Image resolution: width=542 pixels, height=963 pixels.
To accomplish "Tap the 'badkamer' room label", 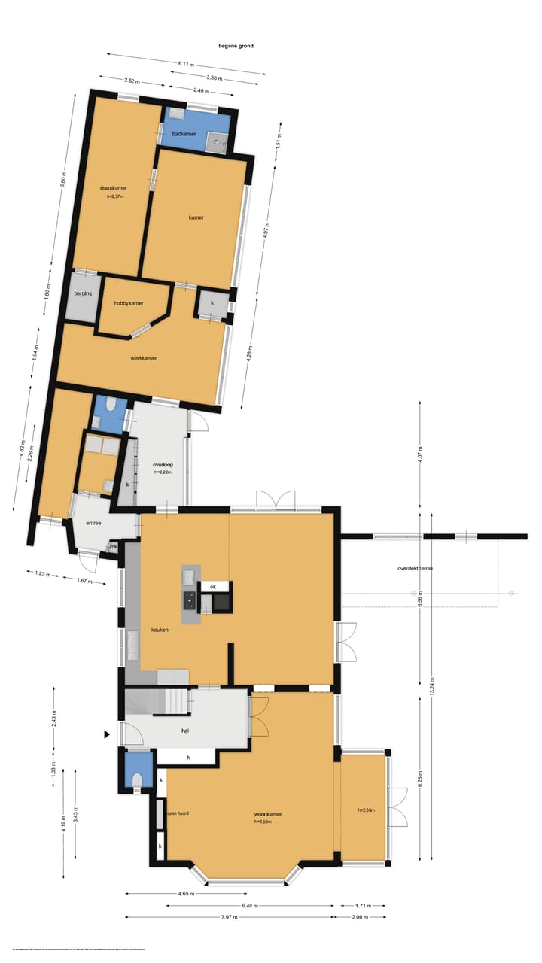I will [184, 134].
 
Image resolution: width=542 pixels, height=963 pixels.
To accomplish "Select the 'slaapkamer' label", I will [113, 187].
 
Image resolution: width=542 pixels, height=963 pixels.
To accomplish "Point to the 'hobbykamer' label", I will [129, 303].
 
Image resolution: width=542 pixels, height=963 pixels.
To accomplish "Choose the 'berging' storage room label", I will [83, 293].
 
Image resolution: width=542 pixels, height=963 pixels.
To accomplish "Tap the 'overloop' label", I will [163, 465].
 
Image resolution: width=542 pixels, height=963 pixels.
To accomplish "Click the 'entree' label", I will [93, 523].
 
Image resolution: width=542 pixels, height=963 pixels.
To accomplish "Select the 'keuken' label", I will [160, 630].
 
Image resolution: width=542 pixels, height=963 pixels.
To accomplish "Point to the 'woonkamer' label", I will [267, 814].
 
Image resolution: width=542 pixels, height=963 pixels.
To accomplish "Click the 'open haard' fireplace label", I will [178, 813].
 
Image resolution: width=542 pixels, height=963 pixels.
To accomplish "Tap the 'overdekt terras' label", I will [415, 568].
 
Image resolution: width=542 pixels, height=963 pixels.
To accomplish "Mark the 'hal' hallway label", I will [184, 730].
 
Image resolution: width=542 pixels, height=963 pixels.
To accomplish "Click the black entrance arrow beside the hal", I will [108, 734].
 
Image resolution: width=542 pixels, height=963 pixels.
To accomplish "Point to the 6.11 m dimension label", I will [186, 64].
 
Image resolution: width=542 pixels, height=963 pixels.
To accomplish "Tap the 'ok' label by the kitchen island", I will [213, 586].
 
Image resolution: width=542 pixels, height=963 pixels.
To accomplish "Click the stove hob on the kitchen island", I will [188, 600].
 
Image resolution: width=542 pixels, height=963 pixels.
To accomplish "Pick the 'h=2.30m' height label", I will [367, 810].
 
